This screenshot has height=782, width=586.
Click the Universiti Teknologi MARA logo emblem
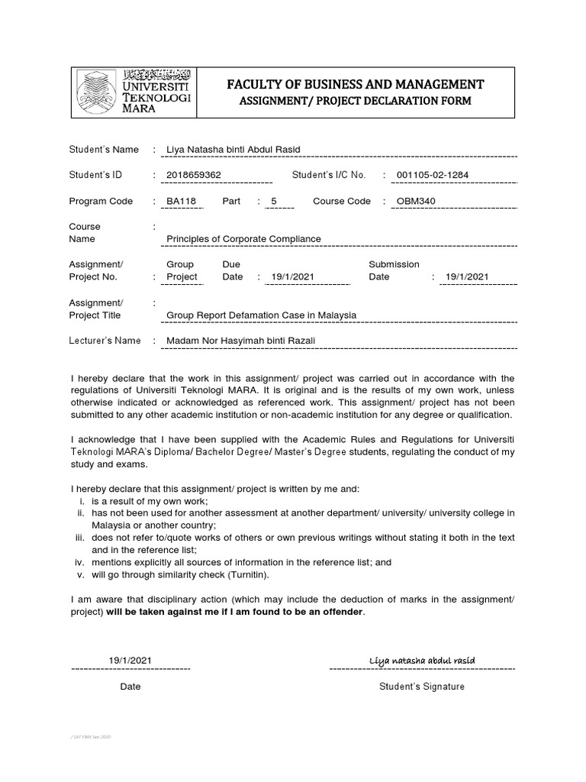click(97, 91)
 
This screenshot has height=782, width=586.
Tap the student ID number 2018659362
click(194, 175)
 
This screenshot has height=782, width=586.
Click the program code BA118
click(180, 201)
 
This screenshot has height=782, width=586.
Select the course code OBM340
click(417, 201)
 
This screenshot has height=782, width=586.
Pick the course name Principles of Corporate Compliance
click(243, 239)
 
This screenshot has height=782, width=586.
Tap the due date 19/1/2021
click(287, 276)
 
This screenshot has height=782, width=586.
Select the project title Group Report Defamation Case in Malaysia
click(261, 315)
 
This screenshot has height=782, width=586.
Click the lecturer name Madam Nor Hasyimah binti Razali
click(241, 341)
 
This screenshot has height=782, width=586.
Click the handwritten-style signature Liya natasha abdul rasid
click(422, 660)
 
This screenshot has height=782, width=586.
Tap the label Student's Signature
click(421, 687)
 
